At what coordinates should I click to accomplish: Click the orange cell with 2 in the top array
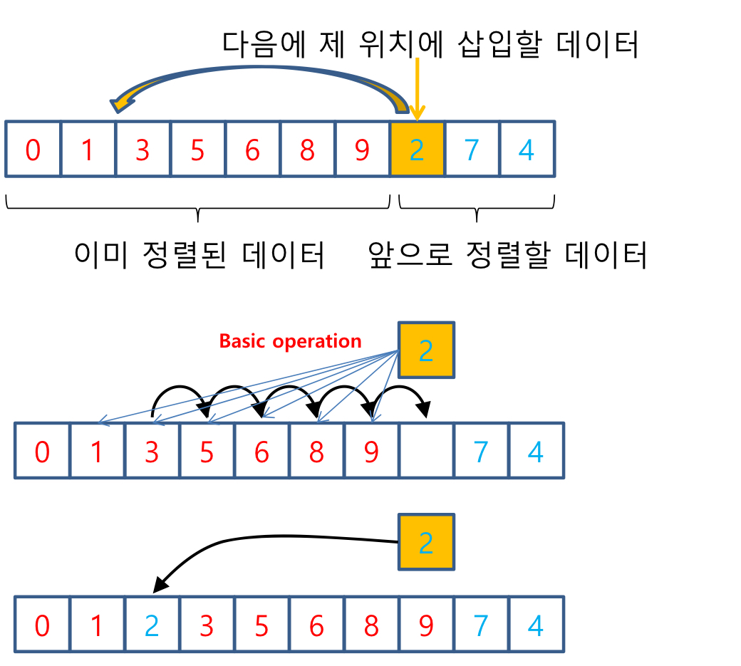click(x=417, y=149)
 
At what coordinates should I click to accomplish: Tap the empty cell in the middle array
click(x=426, y=451)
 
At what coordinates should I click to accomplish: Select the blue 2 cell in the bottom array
click(x=152, y=625)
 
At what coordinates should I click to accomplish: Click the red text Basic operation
click(x=290, y=341)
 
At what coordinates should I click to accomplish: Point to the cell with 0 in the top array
click(x=33, y=149)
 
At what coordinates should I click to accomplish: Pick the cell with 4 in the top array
click(x=527, y=149)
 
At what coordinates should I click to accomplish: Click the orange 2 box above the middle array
click(x=426, y=350)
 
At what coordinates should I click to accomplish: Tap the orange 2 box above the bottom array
click(x=426, y=543)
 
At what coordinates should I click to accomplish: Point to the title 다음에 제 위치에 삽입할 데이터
click(x=430, y=44)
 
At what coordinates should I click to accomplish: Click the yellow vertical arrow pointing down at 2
click(x=417, y=89)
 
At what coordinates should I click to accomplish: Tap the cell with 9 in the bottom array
click(x=426, y=625)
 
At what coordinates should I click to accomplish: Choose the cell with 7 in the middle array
click(x=481, y=451)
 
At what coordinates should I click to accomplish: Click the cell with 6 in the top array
click(x=252, y=149)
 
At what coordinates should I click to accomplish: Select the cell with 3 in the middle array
click(x=152, y=451)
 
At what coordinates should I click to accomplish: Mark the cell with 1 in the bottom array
click(x=97, y=625)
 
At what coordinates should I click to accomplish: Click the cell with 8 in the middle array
click(x=316, y=451)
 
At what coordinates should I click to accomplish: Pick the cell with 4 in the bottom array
click(x=536, y=625)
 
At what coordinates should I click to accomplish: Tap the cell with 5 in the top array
click(x=197, y=149)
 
